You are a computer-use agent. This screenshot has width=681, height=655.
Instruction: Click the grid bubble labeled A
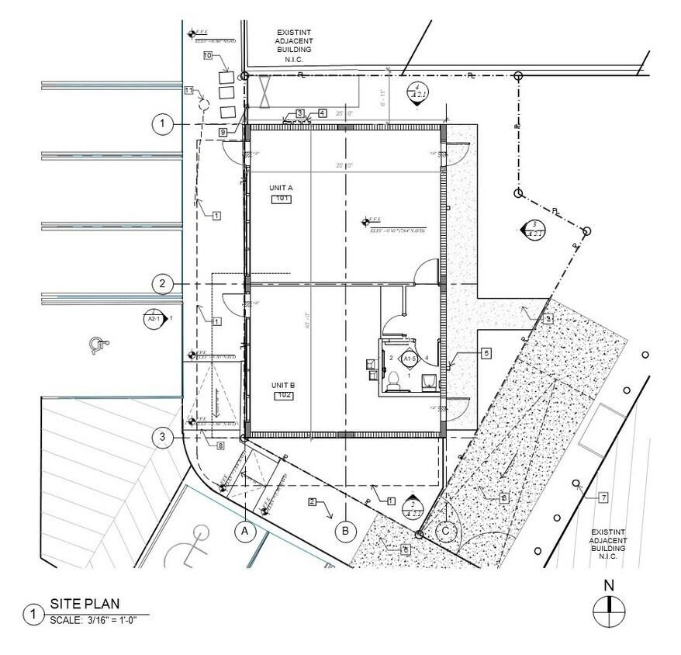(245, 532)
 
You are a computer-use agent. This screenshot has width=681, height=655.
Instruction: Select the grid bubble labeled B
(344, 532)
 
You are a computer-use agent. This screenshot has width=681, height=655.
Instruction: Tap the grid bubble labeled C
(446, 532)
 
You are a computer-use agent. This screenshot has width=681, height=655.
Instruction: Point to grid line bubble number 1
(162, 124)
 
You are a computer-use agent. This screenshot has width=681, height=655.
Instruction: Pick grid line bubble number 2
(162, 283)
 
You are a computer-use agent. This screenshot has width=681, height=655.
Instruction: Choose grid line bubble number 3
(162, 438)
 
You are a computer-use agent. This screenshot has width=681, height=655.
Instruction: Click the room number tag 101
(281, 199)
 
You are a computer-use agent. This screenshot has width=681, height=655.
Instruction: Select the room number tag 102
(285, 396)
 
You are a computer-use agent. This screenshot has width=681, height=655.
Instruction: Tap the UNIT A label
(281, 189)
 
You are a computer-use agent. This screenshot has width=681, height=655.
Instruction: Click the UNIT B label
(282, 385)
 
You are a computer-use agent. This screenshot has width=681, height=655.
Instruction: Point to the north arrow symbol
(609, 611)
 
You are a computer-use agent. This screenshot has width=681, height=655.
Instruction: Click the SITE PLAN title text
(85, 605)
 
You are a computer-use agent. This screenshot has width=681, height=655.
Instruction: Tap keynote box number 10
(208, 55)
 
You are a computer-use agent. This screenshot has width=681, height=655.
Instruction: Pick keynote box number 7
(603, 497)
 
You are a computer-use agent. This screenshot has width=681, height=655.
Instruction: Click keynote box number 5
(486, 353)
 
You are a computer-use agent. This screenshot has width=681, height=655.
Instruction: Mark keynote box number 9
(223, 133)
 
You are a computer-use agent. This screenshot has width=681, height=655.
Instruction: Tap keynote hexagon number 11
(188, 90)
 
